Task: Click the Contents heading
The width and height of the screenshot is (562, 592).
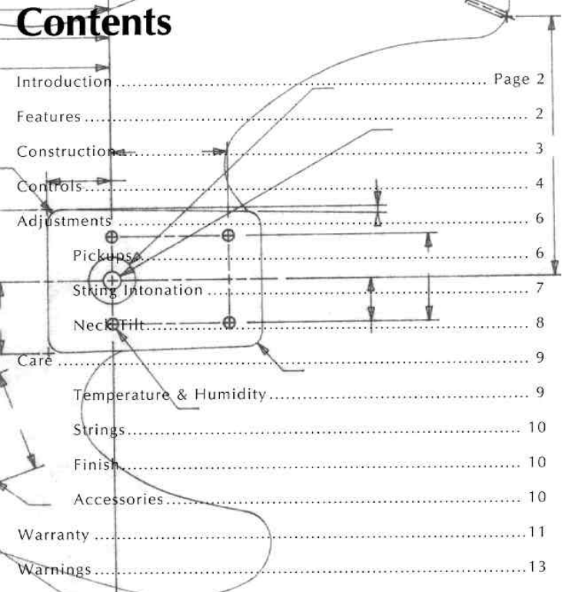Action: click(x=94, y=24)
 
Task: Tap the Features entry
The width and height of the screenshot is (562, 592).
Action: click(x=48, y=117)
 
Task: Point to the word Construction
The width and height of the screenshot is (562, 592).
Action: click(x=65, y=151)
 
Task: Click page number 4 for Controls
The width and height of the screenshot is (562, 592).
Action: click(x=540, y=184)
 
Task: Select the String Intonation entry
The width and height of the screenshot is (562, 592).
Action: click(x=138, y=290)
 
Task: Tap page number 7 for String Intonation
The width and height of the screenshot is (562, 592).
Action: click(x=540, y=288)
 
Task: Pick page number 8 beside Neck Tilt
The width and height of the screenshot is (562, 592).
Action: click(x=540, y=323)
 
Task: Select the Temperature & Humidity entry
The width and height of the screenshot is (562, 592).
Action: click(x=169, y=394)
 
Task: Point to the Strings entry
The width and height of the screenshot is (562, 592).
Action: click(x=99, y=429)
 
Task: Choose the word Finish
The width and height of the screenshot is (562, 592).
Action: click(x=97, y=464)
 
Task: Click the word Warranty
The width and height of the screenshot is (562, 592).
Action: click(x=52, y=534)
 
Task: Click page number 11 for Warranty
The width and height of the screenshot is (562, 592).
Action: click(x=537, y=532)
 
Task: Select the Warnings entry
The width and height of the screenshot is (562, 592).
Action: click(x=54, y=570)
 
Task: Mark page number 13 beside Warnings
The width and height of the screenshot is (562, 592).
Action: click(x=537, y=567)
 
